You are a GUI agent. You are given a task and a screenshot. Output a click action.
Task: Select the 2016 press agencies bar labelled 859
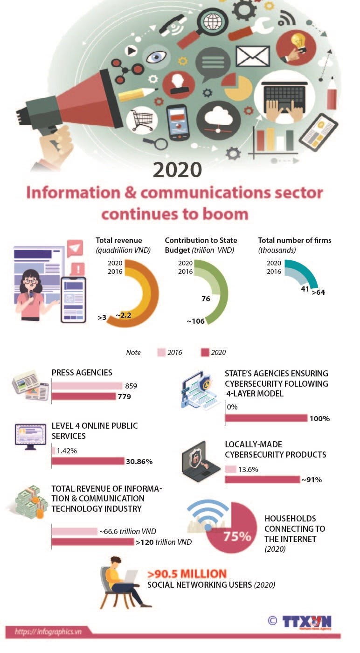(87, 386)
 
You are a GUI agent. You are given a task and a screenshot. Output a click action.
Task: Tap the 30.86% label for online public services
(139, 462)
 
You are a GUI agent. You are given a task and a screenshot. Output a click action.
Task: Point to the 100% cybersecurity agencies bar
(266, 418)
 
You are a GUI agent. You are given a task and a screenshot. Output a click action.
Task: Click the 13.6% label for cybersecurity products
(248, 469)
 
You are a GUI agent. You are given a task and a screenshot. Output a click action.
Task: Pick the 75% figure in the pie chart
(237, 536)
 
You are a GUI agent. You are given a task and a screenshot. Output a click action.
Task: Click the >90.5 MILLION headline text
(187, 574)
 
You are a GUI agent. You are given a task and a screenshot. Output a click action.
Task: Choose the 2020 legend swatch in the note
(204, 353)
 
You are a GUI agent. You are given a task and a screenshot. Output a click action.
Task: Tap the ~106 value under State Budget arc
(196, 321)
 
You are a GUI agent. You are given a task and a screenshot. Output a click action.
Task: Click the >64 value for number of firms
(318, 292)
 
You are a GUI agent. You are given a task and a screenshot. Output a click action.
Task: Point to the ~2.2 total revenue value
(124, 315)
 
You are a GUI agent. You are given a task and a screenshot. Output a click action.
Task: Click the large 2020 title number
(177, 170)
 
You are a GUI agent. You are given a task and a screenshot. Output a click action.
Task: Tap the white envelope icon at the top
(253, 56)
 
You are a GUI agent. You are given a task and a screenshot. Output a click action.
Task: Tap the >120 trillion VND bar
(92, 542)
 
